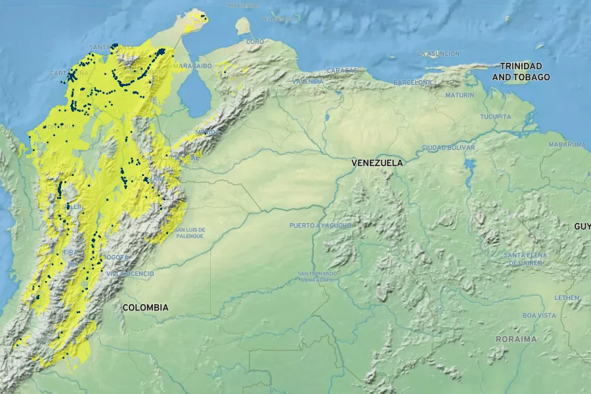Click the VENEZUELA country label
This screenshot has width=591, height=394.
click(377, 162)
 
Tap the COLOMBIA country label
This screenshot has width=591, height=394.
click(145, 307)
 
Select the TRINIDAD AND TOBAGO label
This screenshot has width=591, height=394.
click(521, 72)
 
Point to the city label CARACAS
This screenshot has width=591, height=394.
click(342, 70)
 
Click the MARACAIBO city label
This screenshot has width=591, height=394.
click(192, 66)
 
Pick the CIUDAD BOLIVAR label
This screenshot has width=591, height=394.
click(449, 148)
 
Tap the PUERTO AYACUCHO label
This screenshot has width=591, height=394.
click(320, 225)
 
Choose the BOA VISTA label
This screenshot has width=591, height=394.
click(539, 315)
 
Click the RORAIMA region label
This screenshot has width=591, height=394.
click(517, 339)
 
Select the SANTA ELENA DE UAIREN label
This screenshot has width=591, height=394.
click(523, 259)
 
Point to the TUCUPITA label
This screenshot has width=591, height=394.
click(495, 117)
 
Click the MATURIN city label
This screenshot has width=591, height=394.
click(460, 95)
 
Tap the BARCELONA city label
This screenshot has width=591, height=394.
click(413, 83)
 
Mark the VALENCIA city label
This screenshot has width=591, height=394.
click(308, 81)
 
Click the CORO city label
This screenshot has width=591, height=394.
click(255, 42)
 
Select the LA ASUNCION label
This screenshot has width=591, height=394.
click(439, 54)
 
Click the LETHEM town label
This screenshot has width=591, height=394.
click(567, 297)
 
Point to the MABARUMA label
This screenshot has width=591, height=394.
click(567, 144)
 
